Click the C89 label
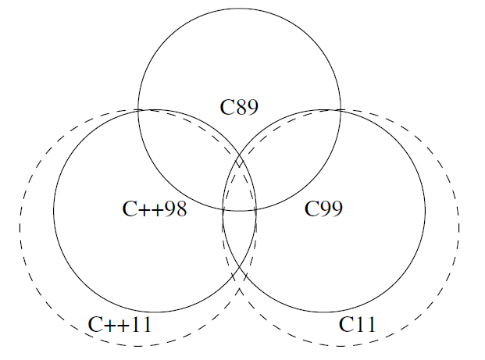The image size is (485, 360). click(239, 107)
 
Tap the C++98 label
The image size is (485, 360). click(155, 209)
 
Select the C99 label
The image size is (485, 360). click(323, 209)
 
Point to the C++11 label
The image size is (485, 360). click(119, 325)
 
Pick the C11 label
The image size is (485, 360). click(358, 325)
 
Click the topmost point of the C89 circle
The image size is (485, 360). click(239, 9)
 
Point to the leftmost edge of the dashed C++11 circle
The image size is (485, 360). click(20, 227)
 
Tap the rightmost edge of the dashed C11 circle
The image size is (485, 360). click(459, 227)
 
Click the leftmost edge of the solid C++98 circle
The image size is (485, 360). click(53, 211)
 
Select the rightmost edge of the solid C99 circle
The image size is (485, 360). click(426, 211)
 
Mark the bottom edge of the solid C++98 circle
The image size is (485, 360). click(155, 312)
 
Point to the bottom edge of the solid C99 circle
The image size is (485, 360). click(324, 312)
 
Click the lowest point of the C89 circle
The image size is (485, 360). click(239, 211)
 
